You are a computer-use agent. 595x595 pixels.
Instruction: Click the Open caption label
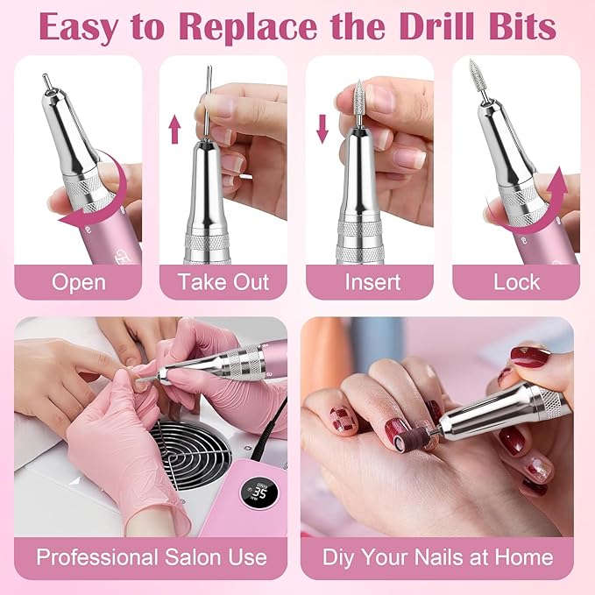coord(78,282)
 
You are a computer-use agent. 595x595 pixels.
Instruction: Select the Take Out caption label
coord(223,282)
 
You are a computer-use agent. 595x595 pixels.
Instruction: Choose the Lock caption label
coord(515,282)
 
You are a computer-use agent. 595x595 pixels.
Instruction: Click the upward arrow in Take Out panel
coord(174,129)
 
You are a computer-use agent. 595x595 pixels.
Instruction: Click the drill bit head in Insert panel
coord(357,90)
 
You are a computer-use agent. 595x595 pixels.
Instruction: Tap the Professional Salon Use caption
coord(150,556)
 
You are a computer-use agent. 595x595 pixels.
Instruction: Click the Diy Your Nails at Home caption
coord(437,556)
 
